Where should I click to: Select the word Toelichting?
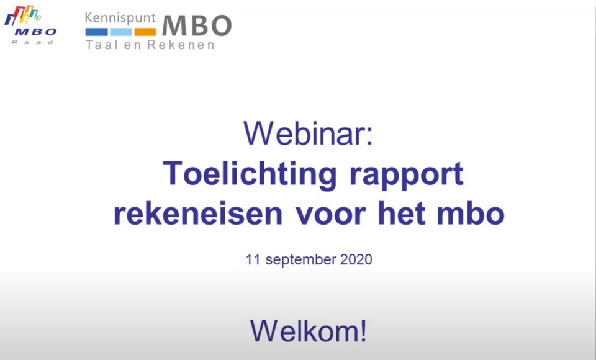[x=250, y=174]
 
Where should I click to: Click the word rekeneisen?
[x=198, y=214]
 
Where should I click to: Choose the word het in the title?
[x=400, y=214]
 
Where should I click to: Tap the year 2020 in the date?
[x=356, y=259]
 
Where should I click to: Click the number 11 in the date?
[x=253, y=259]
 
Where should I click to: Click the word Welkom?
[x=309, y=331]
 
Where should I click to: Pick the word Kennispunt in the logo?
[x=120, y=18]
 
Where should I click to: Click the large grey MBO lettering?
[x=197, y=26]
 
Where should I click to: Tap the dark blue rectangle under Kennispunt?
[x=97, y=32]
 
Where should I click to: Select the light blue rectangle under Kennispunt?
[x=121, y=32]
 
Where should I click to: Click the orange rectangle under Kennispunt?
[x=145, y=32]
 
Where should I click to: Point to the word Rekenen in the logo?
[x=181, y=45]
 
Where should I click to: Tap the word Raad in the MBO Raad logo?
[x=33, y=42]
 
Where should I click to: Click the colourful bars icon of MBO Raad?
[x=22, y=15]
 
